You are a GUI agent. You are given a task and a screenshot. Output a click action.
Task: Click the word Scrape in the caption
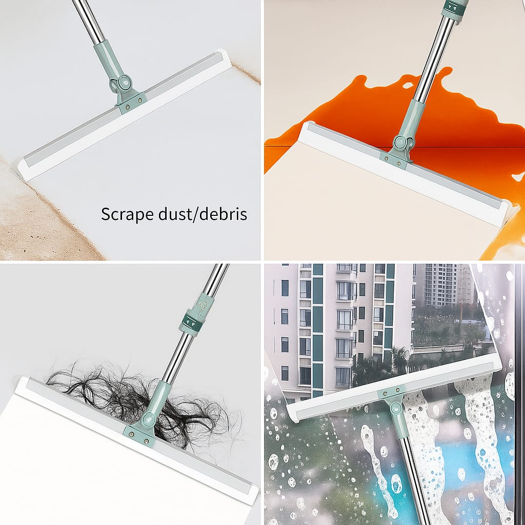[x=127, y=214]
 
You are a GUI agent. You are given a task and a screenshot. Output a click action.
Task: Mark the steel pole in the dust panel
[x=89, y=21]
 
